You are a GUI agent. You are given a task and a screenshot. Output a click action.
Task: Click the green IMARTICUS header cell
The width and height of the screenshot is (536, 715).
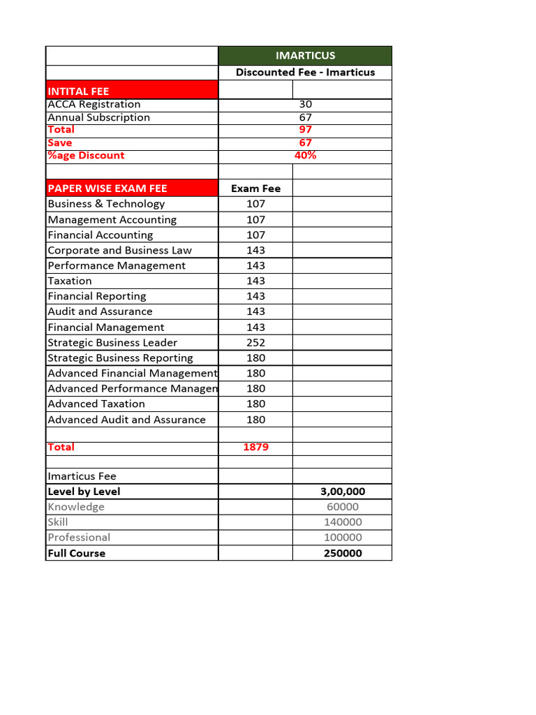click(305, 56)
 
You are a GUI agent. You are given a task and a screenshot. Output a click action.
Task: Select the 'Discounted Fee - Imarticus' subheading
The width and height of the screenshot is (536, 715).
click(305, 73)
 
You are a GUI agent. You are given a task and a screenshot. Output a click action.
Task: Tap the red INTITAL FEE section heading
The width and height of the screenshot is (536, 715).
click(78, 91)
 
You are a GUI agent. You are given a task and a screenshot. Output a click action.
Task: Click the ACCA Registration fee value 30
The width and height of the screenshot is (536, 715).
click(305, 104)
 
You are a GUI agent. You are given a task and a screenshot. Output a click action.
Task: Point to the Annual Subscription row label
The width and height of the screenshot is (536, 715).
click(98, 117)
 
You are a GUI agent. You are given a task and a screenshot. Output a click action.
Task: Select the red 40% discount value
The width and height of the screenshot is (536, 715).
click(305, 155)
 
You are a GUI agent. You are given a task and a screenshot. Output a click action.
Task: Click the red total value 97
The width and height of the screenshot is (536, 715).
click(305, 130)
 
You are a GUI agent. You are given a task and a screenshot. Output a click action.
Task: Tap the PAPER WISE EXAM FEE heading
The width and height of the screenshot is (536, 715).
click(107, 189)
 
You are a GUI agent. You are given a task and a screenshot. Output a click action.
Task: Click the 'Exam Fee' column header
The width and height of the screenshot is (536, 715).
click(255, 189)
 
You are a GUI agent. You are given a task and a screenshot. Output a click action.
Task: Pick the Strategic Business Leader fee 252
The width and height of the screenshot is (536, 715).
click(255, 342)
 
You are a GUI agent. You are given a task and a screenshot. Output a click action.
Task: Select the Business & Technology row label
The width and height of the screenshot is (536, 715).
click(106, 204)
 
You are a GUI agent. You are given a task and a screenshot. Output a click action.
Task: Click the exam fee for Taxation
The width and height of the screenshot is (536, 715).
click(255, 281)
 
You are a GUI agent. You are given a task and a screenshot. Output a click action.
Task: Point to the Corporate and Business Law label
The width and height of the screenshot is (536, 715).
click(119, 250)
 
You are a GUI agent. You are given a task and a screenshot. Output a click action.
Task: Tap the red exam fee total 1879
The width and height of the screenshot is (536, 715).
click(255, 447)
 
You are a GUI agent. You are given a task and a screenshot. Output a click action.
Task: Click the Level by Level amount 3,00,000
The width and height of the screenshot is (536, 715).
click(342, 492)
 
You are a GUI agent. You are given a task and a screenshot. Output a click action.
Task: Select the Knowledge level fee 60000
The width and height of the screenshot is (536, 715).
click(342, 507)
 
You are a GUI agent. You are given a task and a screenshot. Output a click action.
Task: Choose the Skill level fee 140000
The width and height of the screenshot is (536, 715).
click(342, 522)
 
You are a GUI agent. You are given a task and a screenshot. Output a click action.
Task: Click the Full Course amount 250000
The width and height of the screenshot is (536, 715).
click(342, 553)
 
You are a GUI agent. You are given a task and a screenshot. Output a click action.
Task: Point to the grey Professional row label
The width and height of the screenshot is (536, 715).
click(79, 538)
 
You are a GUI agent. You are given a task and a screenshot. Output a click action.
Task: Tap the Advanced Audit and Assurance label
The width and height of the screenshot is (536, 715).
click(126, 420)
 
